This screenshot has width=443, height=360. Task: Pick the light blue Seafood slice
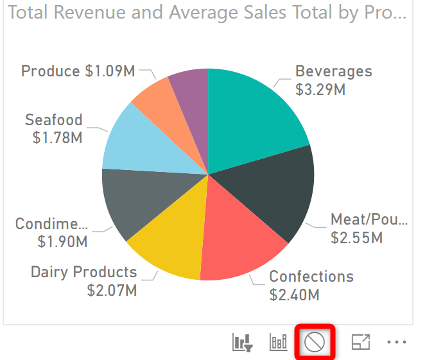tap(138, 141)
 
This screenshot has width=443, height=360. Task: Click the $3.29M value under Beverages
tap(320, 90)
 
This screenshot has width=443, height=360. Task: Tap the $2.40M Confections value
tap(294, 295)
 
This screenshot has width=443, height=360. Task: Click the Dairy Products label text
tap(84, 272)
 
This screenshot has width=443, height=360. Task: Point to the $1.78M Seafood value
tap(57, 137)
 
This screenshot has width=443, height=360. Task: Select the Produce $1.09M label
tap(78, 71)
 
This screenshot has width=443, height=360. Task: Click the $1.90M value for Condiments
tap(62, 242)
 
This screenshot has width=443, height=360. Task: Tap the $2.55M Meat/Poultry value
tap(356, 238)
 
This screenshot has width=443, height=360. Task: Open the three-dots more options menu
tap(397, 343)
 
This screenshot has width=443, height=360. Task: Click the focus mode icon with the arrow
tap(361, 343)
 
